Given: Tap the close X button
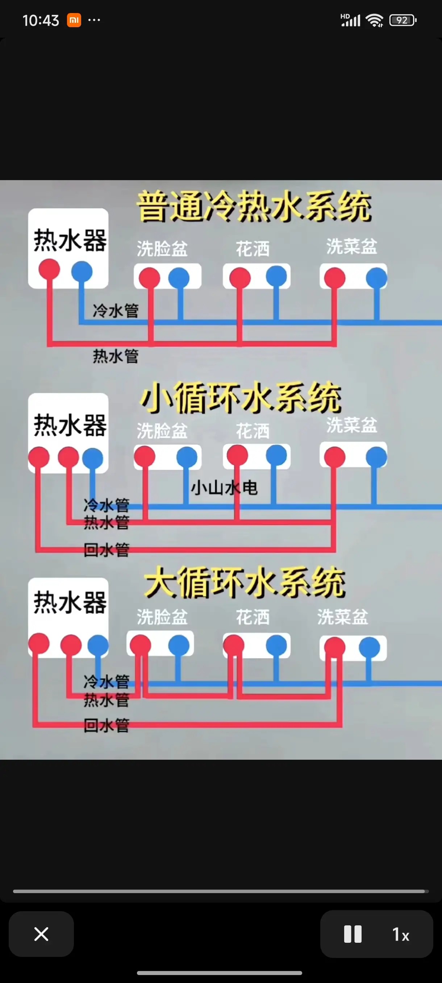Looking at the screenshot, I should [x=41, y=934].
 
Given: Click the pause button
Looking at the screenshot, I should [x=353, y=934].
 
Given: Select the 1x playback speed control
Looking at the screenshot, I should [x=401, y=934].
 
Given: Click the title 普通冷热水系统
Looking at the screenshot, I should [x=254, y=207].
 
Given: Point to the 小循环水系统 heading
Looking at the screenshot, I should [x=241, y=398].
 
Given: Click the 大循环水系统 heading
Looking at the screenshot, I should [x=245, y=582].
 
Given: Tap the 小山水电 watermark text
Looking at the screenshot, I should [x=224, y=488].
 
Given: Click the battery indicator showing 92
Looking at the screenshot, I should [x=403, y=20].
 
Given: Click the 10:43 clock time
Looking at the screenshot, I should [x=41, y=20].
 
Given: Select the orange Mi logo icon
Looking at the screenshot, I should [x=74, y=20].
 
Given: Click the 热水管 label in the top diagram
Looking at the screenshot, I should [x=116, y=356].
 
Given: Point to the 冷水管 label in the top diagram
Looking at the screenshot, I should [x=116, y=310].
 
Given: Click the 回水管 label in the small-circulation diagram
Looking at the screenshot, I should [x=107, y=550].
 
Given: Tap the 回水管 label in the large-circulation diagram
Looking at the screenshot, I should [x=107, y=725].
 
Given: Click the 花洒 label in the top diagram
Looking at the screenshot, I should [x=253, y=249].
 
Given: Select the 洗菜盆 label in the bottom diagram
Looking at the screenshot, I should [x=342, y=617].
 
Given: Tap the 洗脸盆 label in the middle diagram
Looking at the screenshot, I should [x=162, y=431].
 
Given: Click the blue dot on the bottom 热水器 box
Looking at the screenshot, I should [x=98, y=644].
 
